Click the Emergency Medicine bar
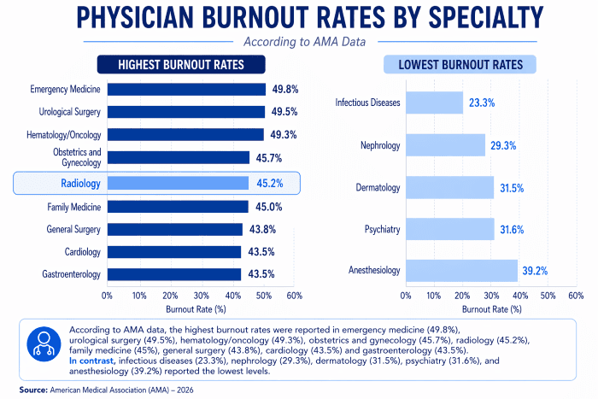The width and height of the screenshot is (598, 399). (x=186, y=89)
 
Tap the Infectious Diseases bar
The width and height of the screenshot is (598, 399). (x=434, y=103)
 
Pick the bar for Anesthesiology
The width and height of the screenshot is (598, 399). (x=461, y=271)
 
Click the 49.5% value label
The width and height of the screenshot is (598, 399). (x=285, y=112)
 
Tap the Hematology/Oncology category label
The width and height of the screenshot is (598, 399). (x=66, y=135)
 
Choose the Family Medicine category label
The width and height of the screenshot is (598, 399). (x=73, y=207)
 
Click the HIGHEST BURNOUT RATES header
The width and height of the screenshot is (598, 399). (x=181, y=65)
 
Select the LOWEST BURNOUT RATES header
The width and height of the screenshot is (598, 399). (x=460, y=65)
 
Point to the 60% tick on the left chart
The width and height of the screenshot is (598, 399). (x=295, y=295)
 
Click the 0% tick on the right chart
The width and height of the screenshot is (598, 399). (x=406, y=295)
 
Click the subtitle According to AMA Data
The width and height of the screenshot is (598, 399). (x=298, y=40)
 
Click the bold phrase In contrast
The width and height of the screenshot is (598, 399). (x=88, y=361)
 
